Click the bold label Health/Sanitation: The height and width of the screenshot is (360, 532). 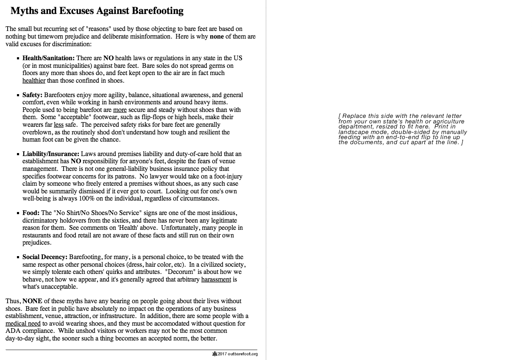pyautogui.click(x=48, y=58)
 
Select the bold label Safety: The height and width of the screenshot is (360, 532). pyautogui.click(x=32, y=95)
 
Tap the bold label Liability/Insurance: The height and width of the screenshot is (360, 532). pyautogui.click(x=51, y=153)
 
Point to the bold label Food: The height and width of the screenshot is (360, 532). pyautogui.click(x=31, y=212)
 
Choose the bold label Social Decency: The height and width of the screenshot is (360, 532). pyautogui.click(x=45, y=257)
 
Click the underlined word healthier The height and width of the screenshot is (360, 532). pyautogui.click(x=34, y=80)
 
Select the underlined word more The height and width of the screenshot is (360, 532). pyautogui.click(x=120, y=109)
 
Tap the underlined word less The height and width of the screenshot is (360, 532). pyautogui.click(x=58, y=124)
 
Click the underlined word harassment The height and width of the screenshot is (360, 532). pyautogui.click(x=216, y=279)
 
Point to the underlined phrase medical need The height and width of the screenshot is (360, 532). pyautogui.click(x=23, y=323)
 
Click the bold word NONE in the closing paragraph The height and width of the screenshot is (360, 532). pyautogui.click(x=32, y=301)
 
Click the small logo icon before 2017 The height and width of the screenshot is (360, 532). pyautogui.click(x=214, y=354)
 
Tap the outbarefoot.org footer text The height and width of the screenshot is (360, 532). pyautogui.click(x=242, y=354)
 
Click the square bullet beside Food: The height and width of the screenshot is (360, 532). pyautogui.click(x=18, y=213)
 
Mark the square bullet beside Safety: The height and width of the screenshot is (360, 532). pyautogui.click(x=18, y=95)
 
